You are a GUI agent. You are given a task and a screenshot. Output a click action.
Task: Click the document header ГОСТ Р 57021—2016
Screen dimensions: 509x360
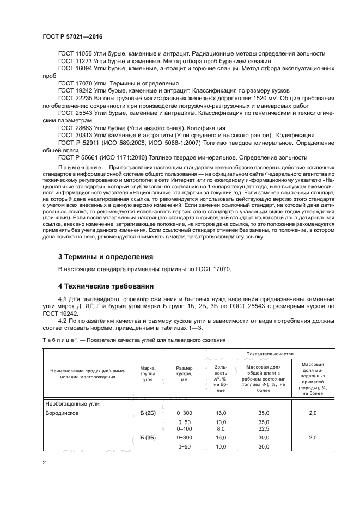pyautogui.click(x=72, y=36)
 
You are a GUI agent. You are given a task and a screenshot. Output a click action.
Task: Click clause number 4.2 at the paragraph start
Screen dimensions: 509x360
pyautogui.click(x=63, y=321)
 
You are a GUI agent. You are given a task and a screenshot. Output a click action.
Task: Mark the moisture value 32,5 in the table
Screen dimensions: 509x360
pyautogui.click(x=263, y=429)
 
